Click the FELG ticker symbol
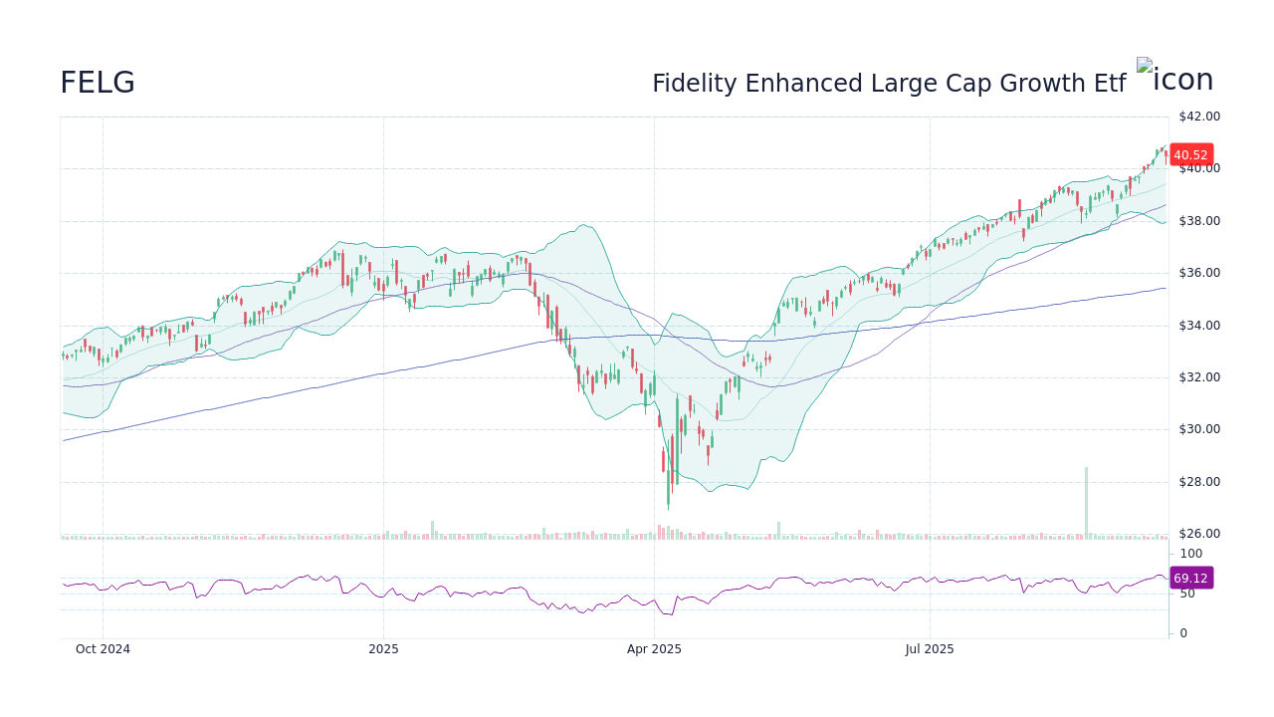coord(98,84)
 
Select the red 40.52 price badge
coord(1190,154)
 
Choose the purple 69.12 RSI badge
coord(1190,578)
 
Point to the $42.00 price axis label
coord(1199,117)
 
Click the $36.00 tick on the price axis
coord(1199,273)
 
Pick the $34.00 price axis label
coord(1199,326)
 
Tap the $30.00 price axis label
coord(1199,429)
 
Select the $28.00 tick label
coord(1199,482)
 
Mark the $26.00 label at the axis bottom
coord(1199,534)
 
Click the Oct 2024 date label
coord(103,649)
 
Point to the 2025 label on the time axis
coord(383,649)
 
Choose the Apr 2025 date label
coord(654,649)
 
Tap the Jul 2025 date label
coord(930,649)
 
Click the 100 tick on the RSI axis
coord(1191,554)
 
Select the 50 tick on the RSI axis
coord(1187,594)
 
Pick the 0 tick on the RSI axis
coord(1183,633)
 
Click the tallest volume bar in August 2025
coord(1086,503)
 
